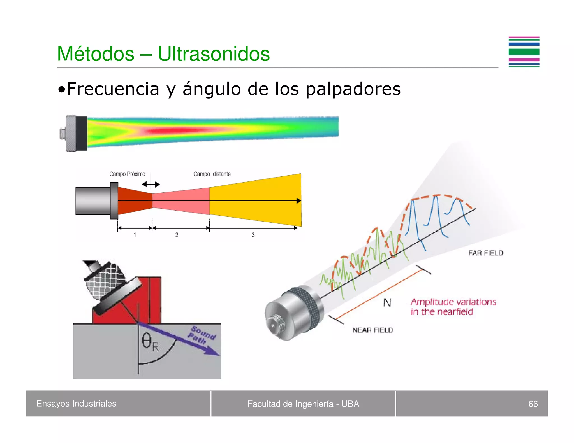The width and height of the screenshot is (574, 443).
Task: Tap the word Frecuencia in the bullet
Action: (x=113, y=89)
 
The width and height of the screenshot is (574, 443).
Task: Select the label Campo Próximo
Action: (x=127, y=174)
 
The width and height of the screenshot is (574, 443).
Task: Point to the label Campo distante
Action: (x=212, y=174)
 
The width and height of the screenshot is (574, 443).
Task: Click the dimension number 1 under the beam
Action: (x=135, y=235)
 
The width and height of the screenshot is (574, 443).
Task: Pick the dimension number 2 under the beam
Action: (x=177, y=235)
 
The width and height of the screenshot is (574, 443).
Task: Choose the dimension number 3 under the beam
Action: (x=253, y=235)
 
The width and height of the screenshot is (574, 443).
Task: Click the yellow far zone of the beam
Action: (x=255, y=200)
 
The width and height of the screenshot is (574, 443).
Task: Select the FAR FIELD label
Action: (x=486, y=253)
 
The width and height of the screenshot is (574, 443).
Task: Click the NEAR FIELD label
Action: (x=372, y=330)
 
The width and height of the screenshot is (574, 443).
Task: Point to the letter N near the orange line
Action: (x=387, y=302)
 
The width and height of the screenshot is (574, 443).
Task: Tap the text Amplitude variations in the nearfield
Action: (x=453, y=307)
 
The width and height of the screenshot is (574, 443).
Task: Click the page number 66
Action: (x=533, y=404)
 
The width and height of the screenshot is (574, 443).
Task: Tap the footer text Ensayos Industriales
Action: (x=76, y=404)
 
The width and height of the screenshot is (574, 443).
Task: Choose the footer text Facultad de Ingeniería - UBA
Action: (x=303, y=404)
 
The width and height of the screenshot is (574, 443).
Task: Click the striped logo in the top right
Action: (x=524, y=52)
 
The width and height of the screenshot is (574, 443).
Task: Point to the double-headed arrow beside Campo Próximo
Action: (x=151, y=185)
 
